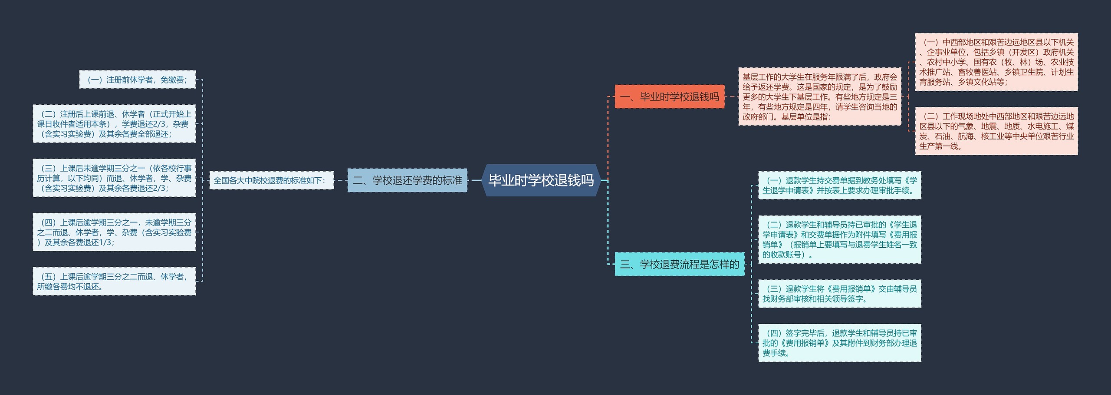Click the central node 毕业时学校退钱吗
pyautogui.click(x=541, y=180)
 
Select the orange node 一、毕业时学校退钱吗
pyautogui.click(x=669, y=96)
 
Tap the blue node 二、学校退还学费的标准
pyautogui.click(x=407, y=180)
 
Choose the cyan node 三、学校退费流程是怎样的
pyautogui.click(x=679, y=264)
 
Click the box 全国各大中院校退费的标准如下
pyautogui.click(x=271, y=180)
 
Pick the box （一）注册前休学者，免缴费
pyautogui.click(x=137, y=80)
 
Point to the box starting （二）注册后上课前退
pyautogui.click(x=114, y=124)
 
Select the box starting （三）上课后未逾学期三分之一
pyautogui.click(x=114, y=178)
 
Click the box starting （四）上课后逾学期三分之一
pyautogui.click(x=114, y=232)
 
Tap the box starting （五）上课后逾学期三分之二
pyautogui.click(x=114, y=282)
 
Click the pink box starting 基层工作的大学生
pyautogui.click(x=820, y=97)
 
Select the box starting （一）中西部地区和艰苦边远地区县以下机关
pyautogui.click(x=996, y=62)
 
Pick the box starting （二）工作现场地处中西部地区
pyautogui.click(x=996, y=131)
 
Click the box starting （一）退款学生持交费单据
pyautogui.click(x=839, y=186)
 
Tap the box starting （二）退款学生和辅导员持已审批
pyautogui.click(x=839, y=239)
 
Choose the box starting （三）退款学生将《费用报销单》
pyautogui.click(x=839, y=294)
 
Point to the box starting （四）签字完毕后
pyautogui.click(x=839, y=343)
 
